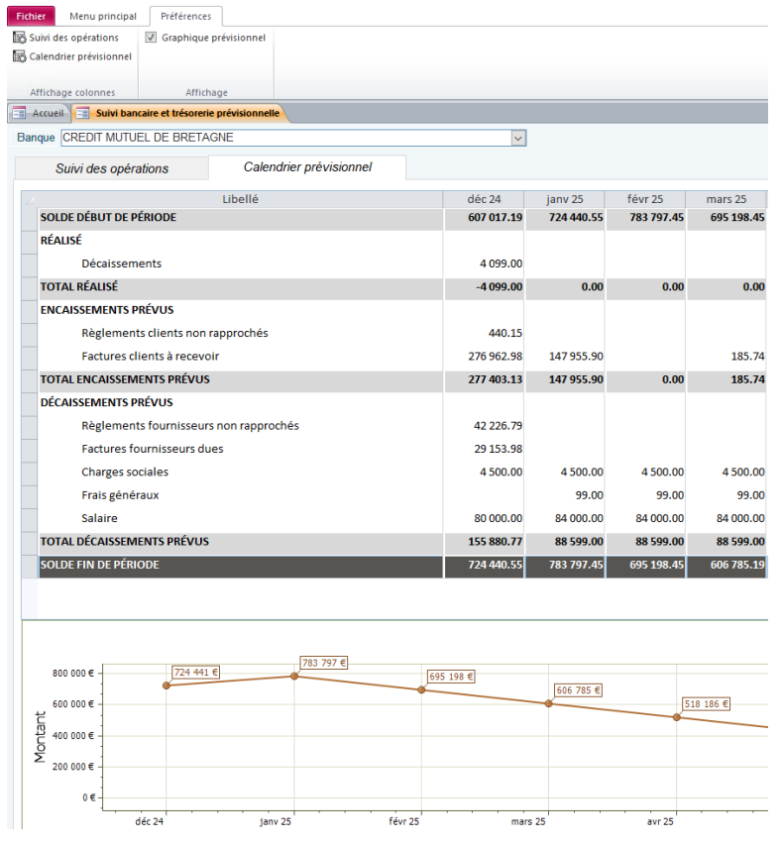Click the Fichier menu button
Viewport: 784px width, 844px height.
31,16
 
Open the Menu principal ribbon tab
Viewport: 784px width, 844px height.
103,16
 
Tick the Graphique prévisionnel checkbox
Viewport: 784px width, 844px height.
152,38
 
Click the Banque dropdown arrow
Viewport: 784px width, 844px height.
517,139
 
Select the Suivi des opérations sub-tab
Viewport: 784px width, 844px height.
112,168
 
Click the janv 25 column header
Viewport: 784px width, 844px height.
563,199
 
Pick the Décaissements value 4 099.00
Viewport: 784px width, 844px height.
500,264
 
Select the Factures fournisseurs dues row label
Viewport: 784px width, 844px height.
152,449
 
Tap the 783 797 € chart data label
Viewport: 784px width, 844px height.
324,663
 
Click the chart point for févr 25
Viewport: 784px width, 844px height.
421,689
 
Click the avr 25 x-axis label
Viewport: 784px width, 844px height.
661,821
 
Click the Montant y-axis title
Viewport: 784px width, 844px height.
41,737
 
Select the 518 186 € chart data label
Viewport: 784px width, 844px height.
707,704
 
